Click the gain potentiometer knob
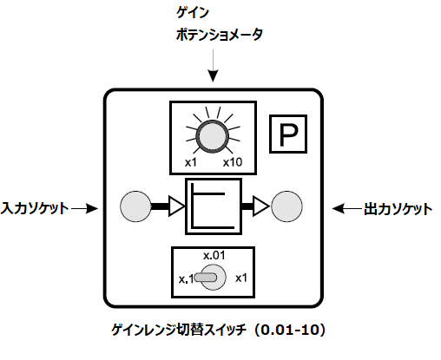point(213,136)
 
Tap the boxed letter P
point(288,134)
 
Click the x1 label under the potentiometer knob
point(191,162)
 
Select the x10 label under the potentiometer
point(233,162)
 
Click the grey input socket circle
point(135,206)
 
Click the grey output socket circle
point(286,206)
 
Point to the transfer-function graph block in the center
point(214,206)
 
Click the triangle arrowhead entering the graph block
point(176,206)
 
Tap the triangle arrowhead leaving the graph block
point(261,206)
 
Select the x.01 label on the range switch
point(214,256)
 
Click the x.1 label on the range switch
point(186,279)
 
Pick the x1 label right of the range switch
point(241,278)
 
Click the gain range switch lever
point(206,278)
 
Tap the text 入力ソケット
point(34,208)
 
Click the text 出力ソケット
point(398,209)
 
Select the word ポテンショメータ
point(220,35)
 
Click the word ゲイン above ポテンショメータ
point(193,13)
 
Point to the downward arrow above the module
point(214,66)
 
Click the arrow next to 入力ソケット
point(84,208)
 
